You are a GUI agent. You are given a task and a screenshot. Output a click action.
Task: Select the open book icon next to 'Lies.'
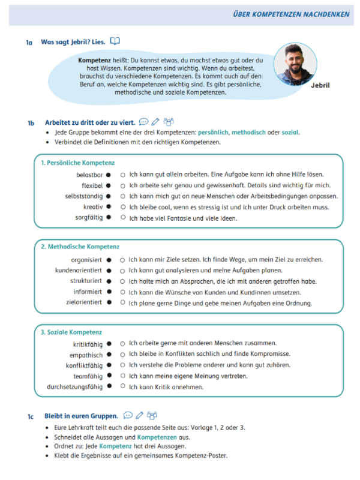tap(115, 41)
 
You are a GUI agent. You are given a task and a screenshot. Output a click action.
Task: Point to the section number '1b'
tap(31, 123)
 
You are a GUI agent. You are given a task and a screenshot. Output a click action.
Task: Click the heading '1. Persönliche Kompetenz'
tap(77, 163)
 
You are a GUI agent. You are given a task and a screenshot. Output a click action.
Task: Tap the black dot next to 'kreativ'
tap(109, 207)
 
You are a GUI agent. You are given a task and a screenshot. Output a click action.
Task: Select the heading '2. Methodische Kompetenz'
tap(80, 247)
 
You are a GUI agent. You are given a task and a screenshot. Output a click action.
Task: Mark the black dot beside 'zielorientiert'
tap(109, 302)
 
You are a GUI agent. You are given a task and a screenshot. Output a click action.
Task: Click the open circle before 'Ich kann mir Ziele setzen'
tap(122, 260)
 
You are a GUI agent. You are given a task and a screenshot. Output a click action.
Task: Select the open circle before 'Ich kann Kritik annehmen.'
tap(122, 387)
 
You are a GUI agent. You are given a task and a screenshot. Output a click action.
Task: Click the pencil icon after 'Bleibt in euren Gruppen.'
tap(140, 415)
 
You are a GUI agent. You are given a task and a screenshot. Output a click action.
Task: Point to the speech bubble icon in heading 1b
tap(143, 122)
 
